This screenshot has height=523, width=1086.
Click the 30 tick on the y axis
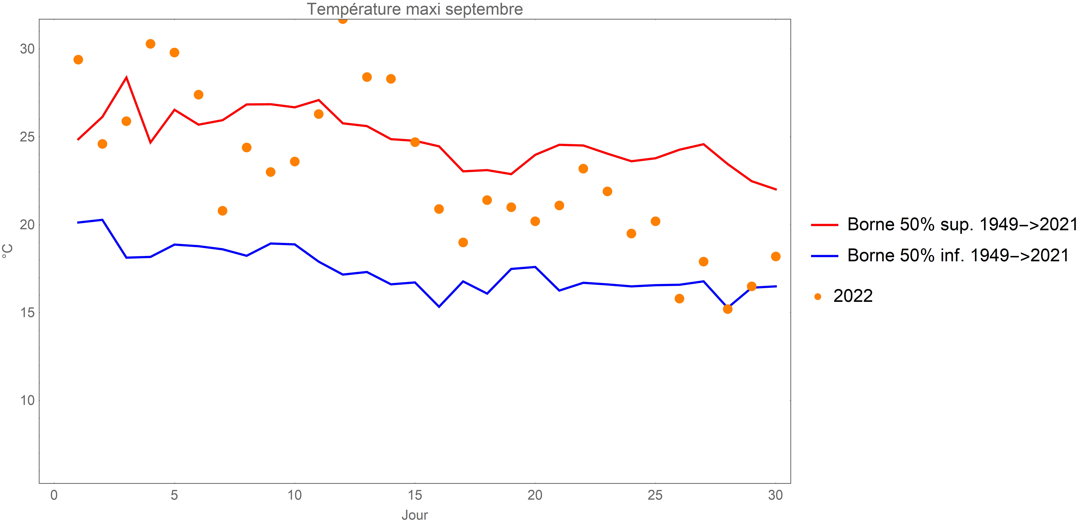pos(27,49)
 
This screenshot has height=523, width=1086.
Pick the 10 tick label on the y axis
pos(27,400)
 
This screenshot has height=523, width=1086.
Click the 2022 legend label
pos(852,296)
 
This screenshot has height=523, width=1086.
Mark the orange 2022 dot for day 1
pos(78,60)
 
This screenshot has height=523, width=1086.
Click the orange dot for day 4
pos(151,44)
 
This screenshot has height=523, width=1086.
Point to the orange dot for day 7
pos(223,211)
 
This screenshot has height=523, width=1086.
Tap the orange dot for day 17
pos(463,242)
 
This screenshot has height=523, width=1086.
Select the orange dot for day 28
pos(728,309)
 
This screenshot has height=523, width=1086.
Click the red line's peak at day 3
pos(126,78)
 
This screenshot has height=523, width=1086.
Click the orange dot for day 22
pos(583,169)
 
